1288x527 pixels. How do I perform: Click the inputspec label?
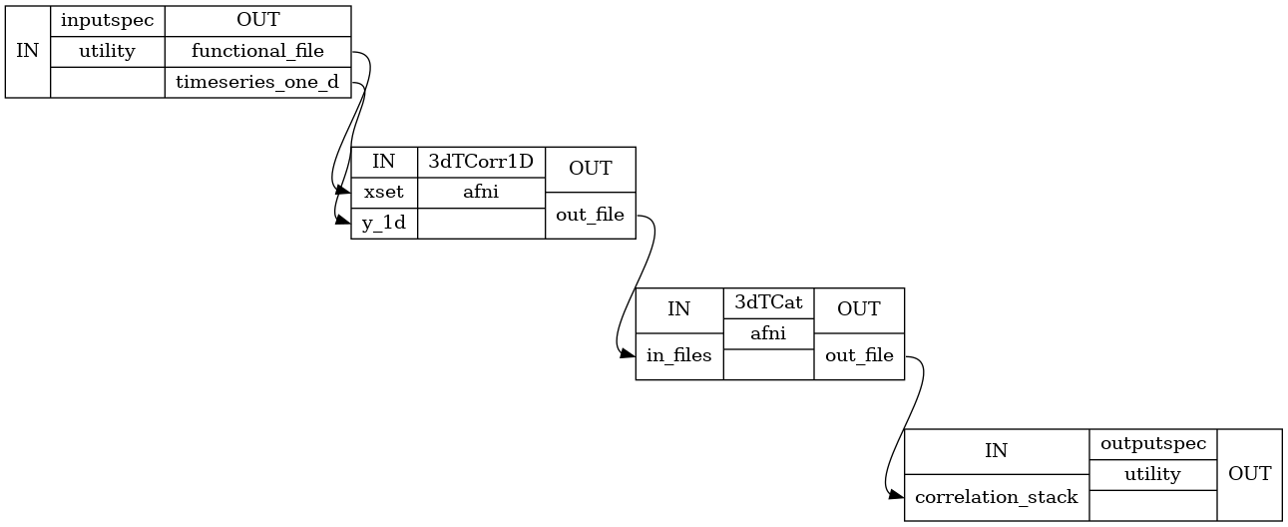(107, 20)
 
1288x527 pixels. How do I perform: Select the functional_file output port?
(257, 52)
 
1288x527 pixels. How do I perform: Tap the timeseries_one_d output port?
(257, 83)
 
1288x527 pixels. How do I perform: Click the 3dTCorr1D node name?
(481, 162)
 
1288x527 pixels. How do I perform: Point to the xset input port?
(384, 192)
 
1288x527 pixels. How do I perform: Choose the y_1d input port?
(384, 223)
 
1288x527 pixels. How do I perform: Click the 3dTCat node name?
(768, 301)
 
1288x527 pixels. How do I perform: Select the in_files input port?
(678, 355)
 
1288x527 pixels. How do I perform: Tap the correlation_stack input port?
(996, 496)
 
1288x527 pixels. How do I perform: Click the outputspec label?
(1152, 442)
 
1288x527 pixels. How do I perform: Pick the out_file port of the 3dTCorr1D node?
(590, 215)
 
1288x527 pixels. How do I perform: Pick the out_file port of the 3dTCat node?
(858, 355)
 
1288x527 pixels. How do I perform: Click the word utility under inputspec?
(107, 52)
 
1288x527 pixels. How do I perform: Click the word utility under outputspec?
(1152, 474)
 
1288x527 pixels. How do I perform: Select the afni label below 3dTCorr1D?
(481, 192)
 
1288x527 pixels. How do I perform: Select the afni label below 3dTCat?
(768, 334)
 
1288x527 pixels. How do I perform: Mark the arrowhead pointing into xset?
(344, 190)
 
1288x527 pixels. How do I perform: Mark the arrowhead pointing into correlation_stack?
(897, 492)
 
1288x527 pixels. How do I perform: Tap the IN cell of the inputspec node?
(27, 52)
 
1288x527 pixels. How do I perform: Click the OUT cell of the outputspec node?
(1249, 474)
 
